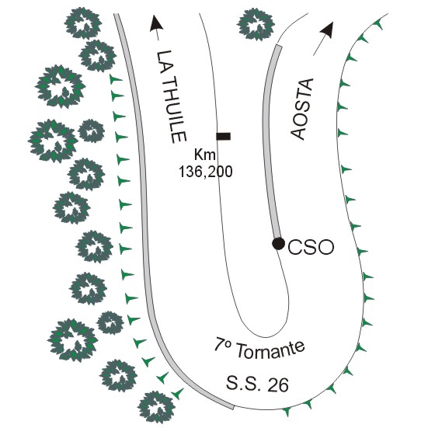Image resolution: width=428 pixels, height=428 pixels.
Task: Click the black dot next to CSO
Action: coord(278,243)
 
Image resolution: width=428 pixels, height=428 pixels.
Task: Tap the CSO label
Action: coord(311,247)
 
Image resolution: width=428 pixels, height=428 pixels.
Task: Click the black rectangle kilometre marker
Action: coord(223,136)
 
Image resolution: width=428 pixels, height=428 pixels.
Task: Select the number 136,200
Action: coord(206,172)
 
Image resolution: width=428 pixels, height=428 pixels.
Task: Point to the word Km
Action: coord(205,155)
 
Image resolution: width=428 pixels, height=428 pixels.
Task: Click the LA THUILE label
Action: coord(171,96)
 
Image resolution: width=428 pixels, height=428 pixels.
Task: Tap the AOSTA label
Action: coord(302,109)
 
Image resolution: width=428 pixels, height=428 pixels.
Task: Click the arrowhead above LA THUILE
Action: coord(156,23)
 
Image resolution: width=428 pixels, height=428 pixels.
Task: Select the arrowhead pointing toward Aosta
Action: coord(328,30)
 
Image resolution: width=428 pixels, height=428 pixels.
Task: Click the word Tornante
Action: coord(270,350)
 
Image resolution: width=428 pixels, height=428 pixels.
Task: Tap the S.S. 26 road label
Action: coord(257,383)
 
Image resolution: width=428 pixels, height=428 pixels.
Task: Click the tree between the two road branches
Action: coord(256,24)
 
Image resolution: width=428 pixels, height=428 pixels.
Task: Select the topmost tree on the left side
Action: coord(83,23)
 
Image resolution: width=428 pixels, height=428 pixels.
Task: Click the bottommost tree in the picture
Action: coord(156,407)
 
